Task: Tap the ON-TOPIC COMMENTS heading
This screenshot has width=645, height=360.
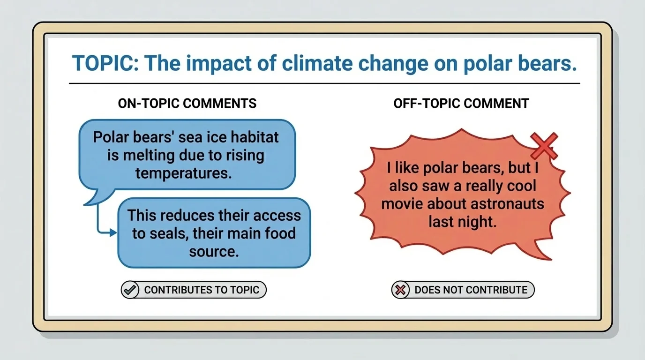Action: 187,103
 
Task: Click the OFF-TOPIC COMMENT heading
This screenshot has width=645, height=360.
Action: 461,103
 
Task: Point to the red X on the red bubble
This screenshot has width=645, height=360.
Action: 544,145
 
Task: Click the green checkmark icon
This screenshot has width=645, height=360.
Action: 130,290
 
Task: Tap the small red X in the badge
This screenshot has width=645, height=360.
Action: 400,290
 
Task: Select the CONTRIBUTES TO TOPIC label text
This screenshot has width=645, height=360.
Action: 202,290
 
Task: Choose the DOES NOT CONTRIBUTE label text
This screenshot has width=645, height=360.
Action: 471,290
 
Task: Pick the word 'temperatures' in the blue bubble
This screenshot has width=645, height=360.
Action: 184,173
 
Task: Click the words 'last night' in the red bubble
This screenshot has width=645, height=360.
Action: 462,221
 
